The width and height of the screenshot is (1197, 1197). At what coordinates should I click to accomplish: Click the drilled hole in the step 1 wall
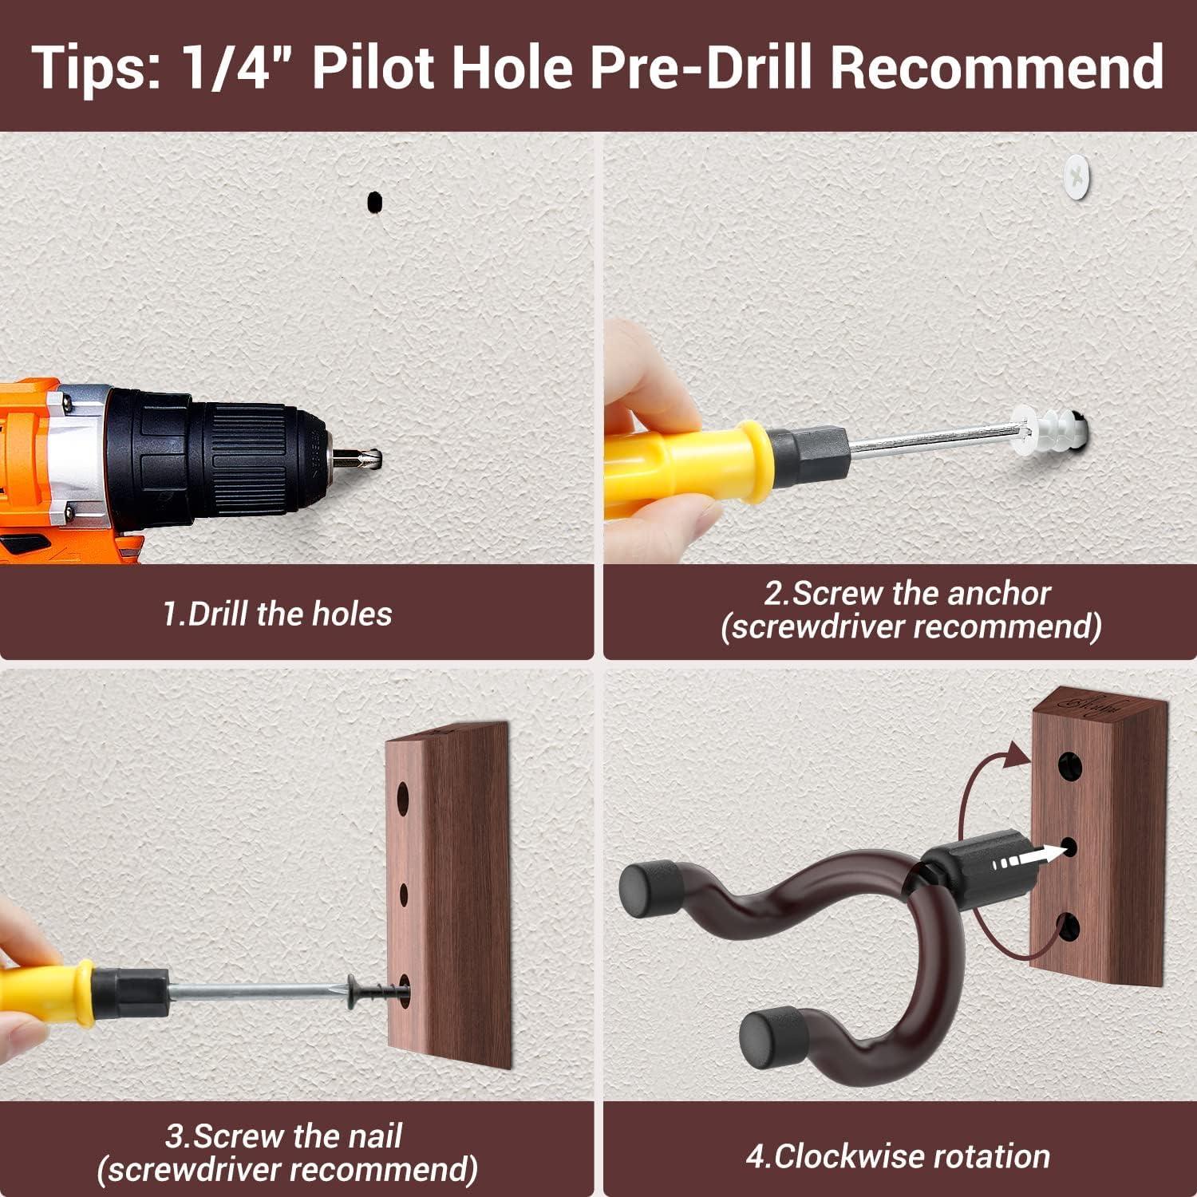click(373, 202)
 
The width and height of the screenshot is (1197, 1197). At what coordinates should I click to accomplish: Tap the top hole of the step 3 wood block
click(404, 799)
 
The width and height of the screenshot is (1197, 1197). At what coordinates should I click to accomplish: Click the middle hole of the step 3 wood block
click(404, 895)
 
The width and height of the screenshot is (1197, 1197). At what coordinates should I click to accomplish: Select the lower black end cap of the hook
click(772, 1041)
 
